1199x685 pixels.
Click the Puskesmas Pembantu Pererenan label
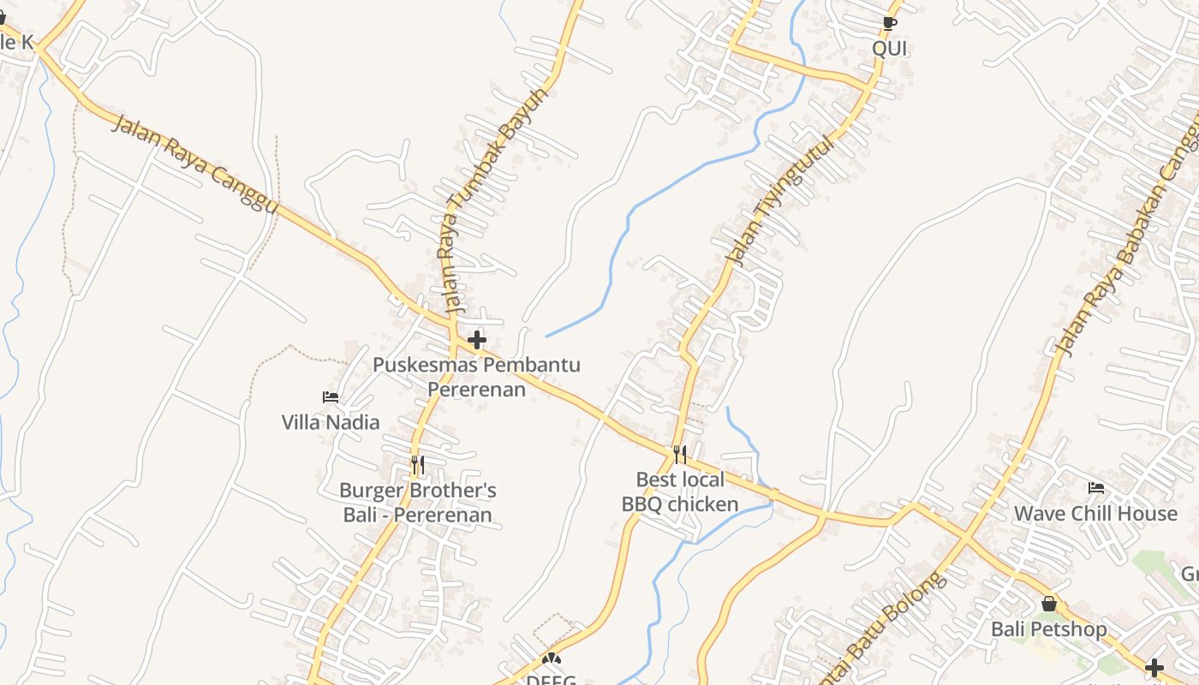(476, 377)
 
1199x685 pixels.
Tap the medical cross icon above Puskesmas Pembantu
(477, 340)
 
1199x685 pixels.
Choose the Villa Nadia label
(331, 422)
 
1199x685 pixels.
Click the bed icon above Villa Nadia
(331, 396)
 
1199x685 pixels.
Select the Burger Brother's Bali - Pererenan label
(418, 503)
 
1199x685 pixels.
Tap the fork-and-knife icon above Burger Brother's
(418, 465)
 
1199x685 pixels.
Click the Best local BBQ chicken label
(680, 491)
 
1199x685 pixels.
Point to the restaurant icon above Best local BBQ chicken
(680, 454)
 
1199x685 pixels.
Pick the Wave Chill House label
(1095, 513)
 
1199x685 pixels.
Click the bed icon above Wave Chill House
(1095, 488)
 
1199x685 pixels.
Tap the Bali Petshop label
(1048, 629)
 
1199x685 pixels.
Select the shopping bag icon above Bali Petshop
(1049, 604)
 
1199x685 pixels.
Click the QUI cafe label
(889, 48)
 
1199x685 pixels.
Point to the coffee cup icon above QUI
(889, 22)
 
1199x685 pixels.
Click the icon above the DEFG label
(552, 659)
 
